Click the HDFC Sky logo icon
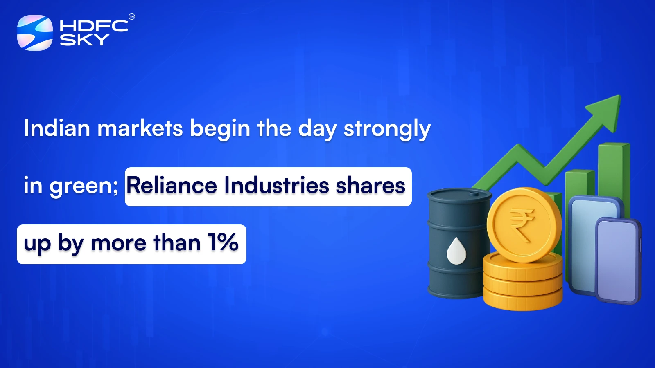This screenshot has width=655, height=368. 35,33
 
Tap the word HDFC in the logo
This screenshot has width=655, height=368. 94,26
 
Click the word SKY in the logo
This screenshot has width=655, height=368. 84,40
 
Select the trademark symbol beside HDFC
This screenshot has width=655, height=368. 132,17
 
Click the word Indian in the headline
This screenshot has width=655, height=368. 57,128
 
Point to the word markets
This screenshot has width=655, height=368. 140,128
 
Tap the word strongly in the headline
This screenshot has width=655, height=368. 387,129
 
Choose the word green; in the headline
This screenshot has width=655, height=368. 84,186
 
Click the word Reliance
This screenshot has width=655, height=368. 172,185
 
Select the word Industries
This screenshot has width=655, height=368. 277,185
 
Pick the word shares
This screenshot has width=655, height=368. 370,185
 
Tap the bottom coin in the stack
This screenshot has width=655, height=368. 523,301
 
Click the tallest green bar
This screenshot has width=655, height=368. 613,172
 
